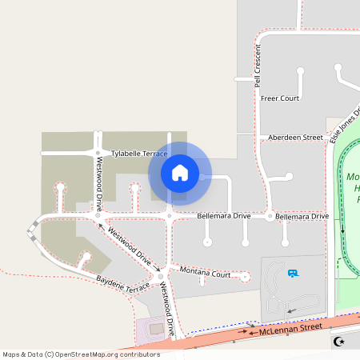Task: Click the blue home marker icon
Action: pos(180,172)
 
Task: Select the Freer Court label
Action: pos(280,98)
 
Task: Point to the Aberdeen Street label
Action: pos(295,138)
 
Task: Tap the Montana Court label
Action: pos(205,274)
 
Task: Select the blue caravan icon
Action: pos(293,274)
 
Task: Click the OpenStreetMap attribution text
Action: pos(81,354)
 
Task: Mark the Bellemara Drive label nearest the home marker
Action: pos(224,217)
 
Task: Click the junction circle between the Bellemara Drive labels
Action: pos(270,217)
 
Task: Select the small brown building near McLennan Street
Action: pos(156,328)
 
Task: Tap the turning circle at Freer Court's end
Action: pos(301,71)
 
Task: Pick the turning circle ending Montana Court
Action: pos(246,277)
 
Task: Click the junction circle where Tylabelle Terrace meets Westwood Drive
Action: pos(98,152)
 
